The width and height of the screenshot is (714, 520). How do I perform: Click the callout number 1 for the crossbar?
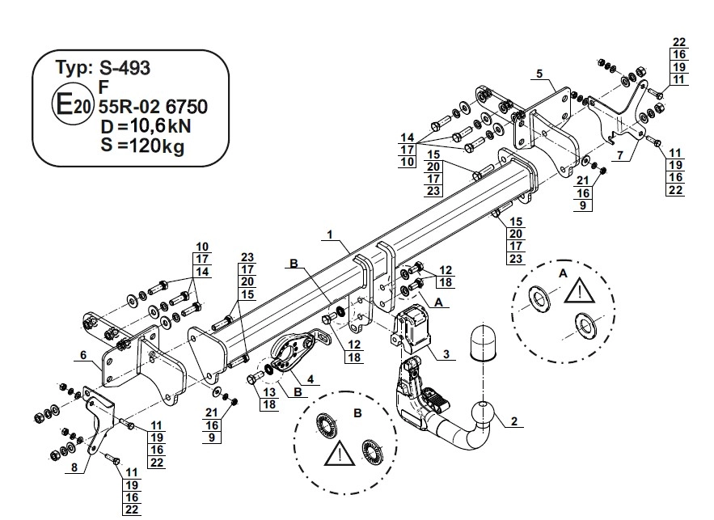pos(330,235)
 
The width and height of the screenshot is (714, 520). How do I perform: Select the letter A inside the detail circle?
pos(562,274)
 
